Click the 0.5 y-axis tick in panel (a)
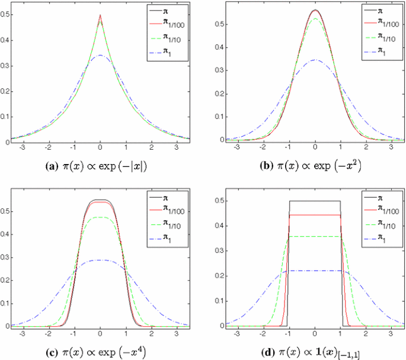pos(5,16)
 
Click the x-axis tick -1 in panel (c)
pos(75,333)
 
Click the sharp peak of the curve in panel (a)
pos(100,15)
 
